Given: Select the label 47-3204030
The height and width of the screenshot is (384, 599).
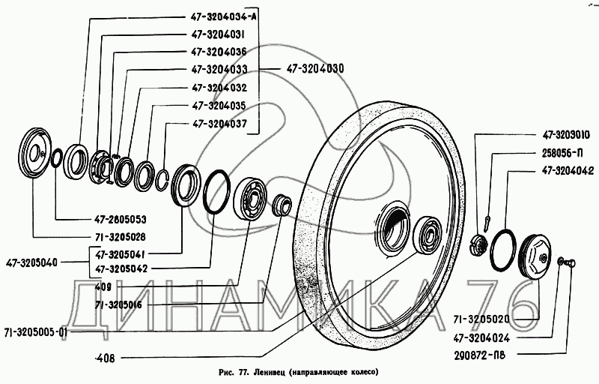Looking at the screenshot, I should coord(314,68).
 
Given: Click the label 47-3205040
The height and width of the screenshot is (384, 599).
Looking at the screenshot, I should coord(34,262).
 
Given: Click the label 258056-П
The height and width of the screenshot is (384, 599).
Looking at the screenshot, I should coord(560,154).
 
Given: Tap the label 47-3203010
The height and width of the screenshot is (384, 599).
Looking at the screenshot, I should coord(563,137).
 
